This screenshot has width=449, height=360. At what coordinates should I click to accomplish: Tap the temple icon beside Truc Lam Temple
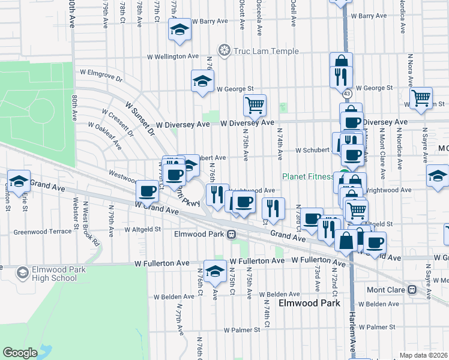[224, 50]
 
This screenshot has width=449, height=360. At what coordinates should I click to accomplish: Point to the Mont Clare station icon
[412, 289]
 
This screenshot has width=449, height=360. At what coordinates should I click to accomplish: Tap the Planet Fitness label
[308, 176]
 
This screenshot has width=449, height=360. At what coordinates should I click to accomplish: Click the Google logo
[20, 353]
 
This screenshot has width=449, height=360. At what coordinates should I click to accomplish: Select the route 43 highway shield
[347, 94]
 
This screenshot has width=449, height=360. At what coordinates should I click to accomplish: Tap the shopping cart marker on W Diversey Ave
[255, 106]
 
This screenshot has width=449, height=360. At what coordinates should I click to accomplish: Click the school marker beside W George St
[203, 81]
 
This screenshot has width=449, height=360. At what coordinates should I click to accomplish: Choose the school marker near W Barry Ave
[179, 30]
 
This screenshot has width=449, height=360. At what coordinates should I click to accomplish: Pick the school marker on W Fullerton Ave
[215, 271]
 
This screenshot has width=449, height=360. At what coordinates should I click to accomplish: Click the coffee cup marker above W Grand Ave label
[147, 191]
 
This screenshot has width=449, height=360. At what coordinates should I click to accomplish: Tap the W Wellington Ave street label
[173, 56]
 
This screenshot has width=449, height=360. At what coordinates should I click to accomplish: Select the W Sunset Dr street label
[140, 118]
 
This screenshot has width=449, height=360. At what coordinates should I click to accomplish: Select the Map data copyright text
[423, 355]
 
